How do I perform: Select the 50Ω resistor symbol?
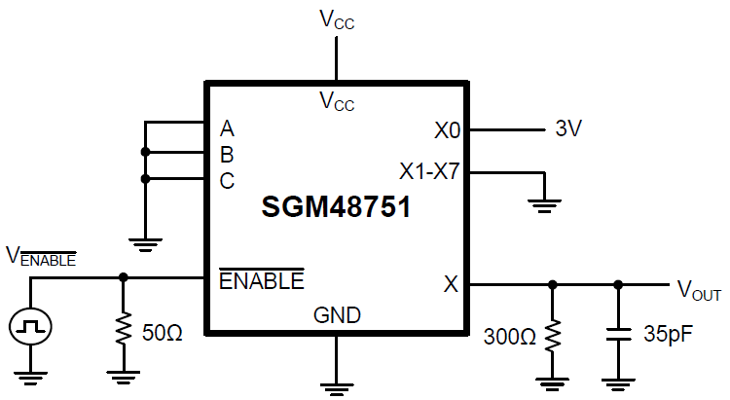pyautogui.click(x=123, y=329)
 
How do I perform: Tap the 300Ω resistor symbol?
pyautogui.click(x=552, y=336)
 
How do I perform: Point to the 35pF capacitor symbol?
pyautogui.click(x=617, y=335)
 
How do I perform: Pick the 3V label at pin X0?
pyautogui.click(x=568, y=128)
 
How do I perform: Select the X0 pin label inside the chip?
pyautogui.click(x=447, y=128)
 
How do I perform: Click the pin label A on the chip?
pyautogui.click(x=227, y=127)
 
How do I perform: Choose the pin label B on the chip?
pyautogui.click(x=227, y=154)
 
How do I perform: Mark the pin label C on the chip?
pyautogui.click(x=227, y=180)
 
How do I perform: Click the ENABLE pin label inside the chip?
pyautogui.click(x=261, y=281)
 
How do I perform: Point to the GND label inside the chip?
pyautogui.click(x=337, y=315)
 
